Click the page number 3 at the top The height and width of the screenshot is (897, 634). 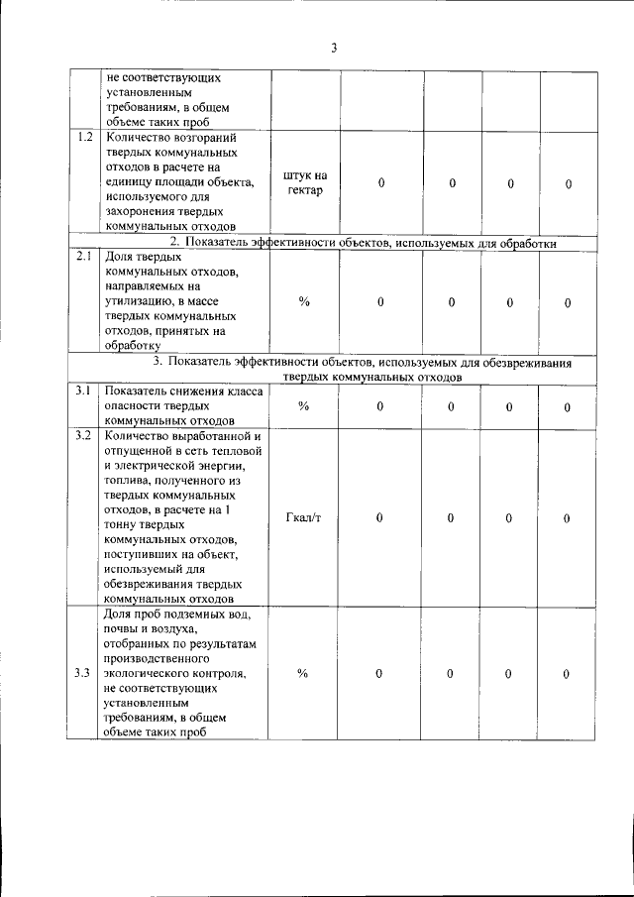[334, 48]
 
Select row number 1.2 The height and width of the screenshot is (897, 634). [85, 137]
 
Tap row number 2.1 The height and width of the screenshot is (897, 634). [85, 256]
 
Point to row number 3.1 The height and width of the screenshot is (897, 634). [84, 392]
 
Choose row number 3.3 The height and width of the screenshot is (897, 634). [84, 674]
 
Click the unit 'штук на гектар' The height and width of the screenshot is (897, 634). [304, 182]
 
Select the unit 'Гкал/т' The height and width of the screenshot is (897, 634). [303, 517]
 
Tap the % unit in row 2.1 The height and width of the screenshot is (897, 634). [303, 302]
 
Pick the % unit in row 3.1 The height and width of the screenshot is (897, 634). [303, 406]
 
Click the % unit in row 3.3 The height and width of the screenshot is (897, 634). [303, 674]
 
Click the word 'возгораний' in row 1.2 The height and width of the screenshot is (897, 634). [215, 138]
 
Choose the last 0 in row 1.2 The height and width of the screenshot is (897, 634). [568, 184]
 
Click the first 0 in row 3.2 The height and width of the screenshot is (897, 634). [379, 517]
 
